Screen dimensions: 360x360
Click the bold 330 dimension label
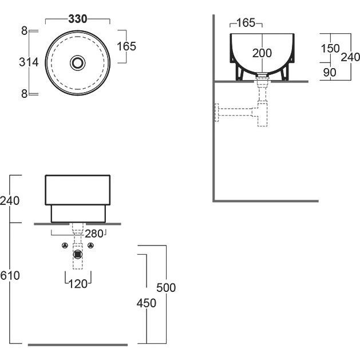click(x=78, y=19)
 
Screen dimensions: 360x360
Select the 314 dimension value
click(x=29, y=62)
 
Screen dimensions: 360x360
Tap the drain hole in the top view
click(x=78, y=63)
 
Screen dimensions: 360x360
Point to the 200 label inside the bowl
click(x=262, y=53)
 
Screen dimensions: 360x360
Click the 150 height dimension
click(x=330, y=49)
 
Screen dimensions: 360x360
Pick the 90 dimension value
click(x=330, y=72)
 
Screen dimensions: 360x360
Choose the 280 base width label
click(x=94, y=234)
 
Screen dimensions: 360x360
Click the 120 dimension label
click(x=78, y=284)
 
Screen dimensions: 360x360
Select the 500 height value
click(x=166, y=287)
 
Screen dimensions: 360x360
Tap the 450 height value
click(x=147, y=303)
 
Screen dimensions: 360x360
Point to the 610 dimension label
click(x=10, y=275)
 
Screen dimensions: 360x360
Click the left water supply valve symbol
click(x=65, y=246)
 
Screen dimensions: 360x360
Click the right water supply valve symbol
click(x=91, y=246)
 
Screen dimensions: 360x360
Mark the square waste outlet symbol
click(x=78, y=254)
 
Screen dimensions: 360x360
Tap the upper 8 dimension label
click(x=25, y=31)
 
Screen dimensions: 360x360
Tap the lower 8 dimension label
click(x=25, y=94)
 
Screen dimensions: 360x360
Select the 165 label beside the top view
click(x=126, y=46)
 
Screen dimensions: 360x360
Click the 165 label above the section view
click(x=246, y=23)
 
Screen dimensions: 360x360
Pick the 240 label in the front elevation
click(x=10, y=201)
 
